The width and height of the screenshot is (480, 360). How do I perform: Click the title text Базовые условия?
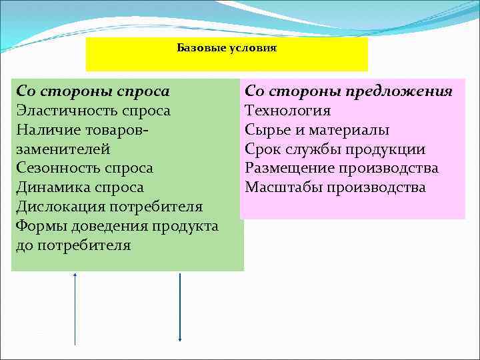pyautogui.click(x=227, y=49)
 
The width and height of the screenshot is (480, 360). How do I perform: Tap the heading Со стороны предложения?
pyautogui.click(x=349, y=91)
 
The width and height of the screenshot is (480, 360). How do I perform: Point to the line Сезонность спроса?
pyautogui.click(x=85, y=169)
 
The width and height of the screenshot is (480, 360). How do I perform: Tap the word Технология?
pyautogui.click(x=288, y=110)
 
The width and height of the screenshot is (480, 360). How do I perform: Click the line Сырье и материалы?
pyautogui.click(x=317, y=130)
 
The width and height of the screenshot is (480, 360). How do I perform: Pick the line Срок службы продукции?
pyautogui.click(x=335, y=149)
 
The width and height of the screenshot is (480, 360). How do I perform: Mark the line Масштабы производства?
pyautogui.click(x=335, y=187)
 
